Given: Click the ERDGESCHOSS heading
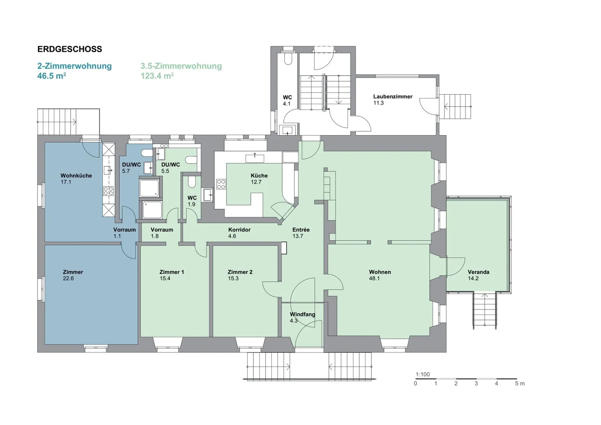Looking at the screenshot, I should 70,49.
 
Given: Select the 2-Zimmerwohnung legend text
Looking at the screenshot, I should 74,66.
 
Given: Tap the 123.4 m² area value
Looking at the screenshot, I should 157,76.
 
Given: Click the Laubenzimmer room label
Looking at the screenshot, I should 392,96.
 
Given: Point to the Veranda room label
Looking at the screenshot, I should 478,272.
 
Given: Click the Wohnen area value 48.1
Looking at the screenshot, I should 374,279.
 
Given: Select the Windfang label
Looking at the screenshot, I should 302,314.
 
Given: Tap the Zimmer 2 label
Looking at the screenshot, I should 240,272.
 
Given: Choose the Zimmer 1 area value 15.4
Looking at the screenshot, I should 165,279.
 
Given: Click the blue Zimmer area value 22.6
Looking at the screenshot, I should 68,279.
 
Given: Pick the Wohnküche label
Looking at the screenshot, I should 76,176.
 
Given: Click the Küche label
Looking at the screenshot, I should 259,176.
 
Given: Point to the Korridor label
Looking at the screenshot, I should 239,230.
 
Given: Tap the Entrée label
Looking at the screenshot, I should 301,230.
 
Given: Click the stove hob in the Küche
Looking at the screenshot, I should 221,184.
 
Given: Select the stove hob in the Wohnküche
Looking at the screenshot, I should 108,191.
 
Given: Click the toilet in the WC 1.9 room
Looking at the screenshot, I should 191,182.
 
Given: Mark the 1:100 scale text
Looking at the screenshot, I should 422,375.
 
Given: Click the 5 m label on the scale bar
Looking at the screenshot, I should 520,384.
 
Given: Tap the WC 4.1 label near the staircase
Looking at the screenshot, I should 287,98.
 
